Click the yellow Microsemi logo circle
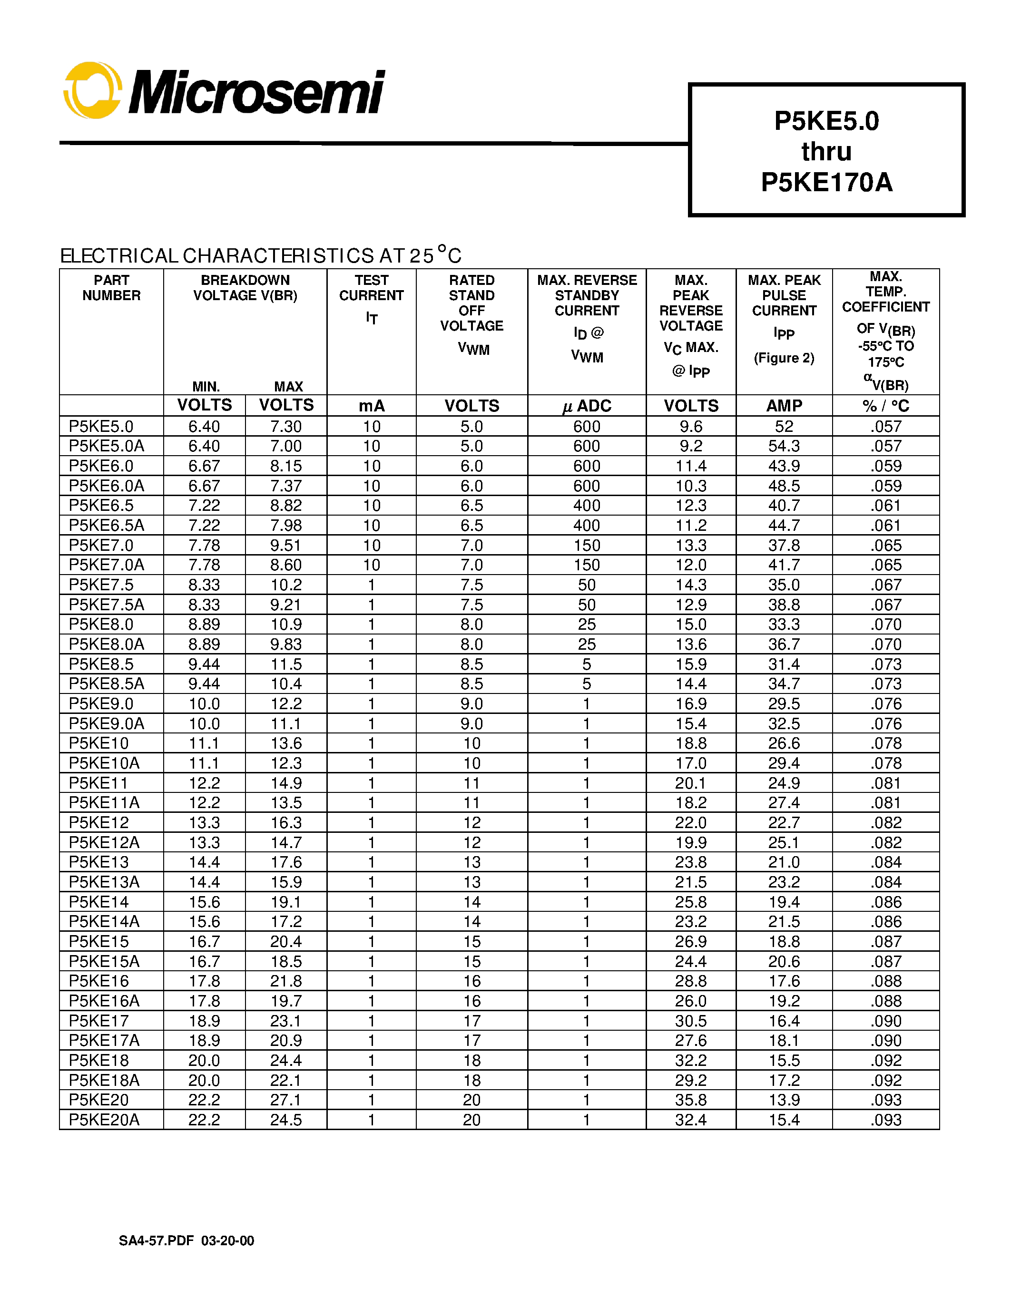tap(93, 90)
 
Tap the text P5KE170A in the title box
tap(826, 182)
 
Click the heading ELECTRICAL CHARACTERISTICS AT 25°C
tap(261, 256)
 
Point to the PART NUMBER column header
tap(111, 288)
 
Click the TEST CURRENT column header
tap(372, 288)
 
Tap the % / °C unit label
tap(885, 406)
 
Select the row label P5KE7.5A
tap(107, 605)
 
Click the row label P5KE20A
tap(104, 1120)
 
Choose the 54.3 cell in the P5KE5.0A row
tap(784, 446)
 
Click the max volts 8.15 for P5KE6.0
tap(285, 466)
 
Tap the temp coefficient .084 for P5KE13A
tap(886, 882)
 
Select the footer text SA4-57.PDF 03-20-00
tap(186, 1241)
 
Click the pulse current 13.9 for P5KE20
tap(784, 1100)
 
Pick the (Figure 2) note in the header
tap(784, 358)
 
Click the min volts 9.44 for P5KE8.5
tap(204, 664)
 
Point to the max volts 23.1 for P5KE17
tap(285, 1021)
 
